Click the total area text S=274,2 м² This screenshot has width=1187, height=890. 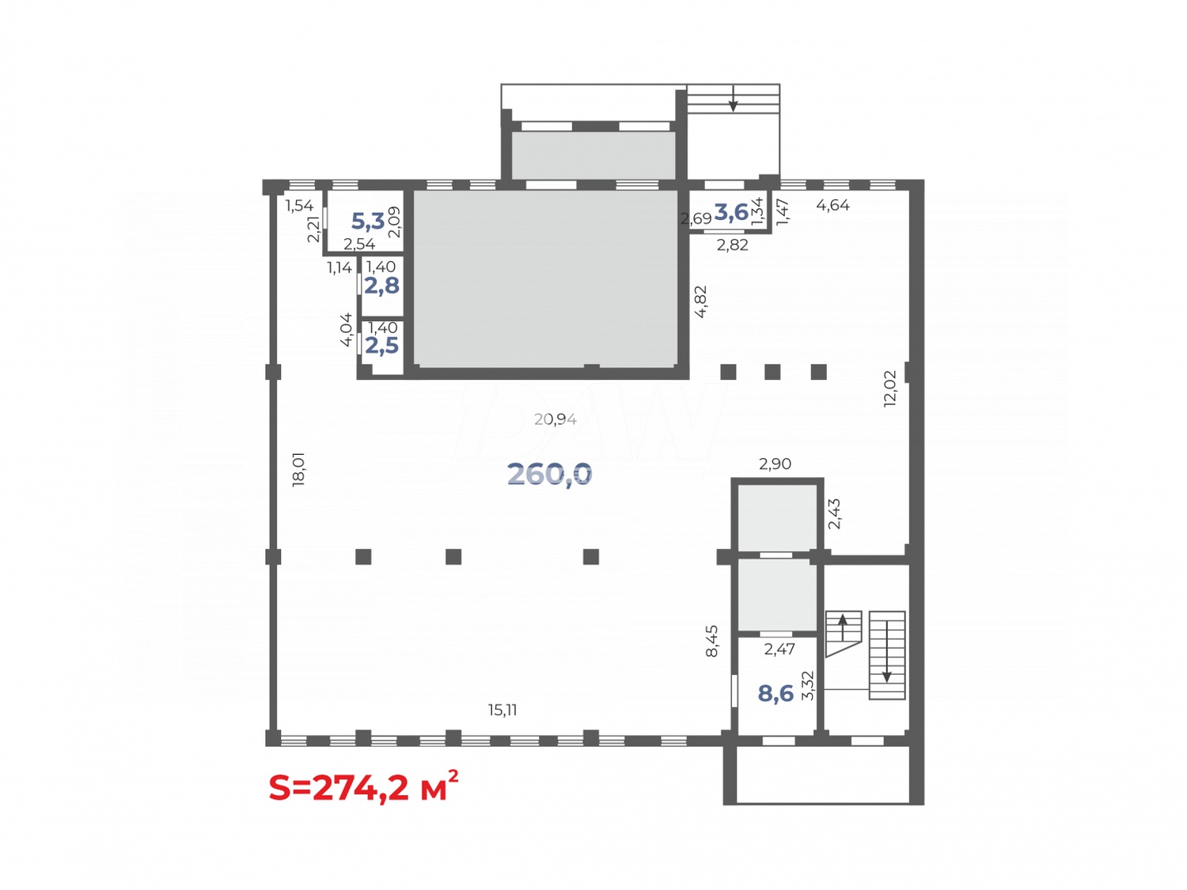[x=363, y=787]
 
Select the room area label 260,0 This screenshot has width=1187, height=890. [x=549, y=474]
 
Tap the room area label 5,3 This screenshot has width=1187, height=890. [x=367, y=221]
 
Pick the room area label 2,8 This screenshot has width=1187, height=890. [x=381, y=286]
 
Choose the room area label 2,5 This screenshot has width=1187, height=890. [x=381, y=346]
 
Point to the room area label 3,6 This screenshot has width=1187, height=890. [x=731, y=212]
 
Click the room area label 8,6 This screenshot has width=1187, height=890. [x=776, y=694]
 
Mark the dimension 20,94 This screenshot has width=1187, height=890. [x=555, y=419]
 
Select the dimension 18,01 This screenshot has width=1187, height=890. [x=298, y=469]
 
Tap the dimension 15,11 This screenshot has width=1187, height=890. [x=502, y=710]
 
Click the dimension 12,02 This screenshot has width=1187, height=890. [x=890, y=388]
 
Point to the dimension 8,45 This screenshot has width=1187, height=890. [x=712, y=641]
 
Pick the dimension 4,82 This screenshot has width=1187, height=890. [x=700, y=301]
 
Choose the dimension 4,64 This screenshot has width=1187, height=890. [x=832, y=206]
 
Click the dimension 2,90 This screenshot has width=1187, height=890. [x=775, y=464]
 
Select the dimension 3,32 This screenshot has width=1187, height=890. [x=807, y=685]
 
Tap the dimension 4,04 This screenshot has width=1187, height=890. [x=346, y=329]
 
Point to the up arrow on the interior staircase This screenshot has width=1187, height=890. [x=843, y=627]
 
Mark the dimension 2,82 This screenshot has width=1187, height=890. [x=732, y=245]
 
